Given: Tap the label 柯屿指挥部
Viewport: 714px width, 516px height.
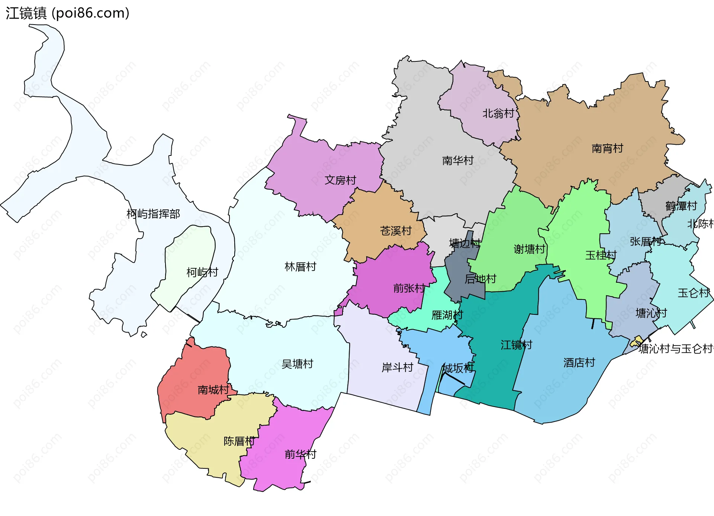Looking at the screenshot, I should [153, 214].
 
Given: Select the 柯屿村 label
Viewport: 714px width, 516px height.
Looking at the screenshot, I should [202, 272].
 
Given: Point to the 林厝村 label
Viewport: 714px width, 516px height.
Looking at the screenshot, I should [300, 267].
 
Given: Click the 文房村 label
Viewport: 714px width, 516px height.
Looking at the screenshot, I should [340, 180].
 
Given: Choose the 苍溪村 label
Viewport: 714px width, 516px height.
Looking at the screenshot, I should [396, 231].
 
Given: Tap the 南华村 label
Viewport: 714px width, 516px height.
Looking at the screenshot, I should [458, 161].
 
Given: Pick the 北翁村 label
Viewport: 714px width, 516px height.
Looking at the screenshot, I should [498, 113].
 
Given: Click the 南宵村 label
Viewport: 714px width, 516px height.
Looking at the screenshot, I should [607, 149].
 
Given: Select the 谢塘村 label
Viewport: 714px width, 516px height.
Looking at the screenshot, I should [529, 249].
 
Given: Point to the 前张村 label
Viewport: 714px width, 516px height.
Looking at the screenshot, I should [409, 288].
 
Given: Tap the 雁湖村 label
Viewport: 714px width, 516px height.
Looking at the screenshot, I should [447, 315].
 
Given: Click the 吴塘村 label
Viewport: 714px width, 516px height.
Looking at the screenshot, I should [297, 364].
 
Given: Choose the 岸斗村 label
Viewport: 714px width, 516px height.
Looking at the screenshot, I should [397, 368].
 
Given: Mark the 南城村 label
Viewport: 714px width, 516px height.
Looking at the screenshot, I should [213, 390].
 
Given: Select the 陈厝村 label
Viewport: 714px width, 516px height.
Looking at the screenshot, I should [239, 441].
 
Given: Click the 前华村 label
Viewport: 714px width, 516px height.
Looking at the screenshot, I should [300, 454].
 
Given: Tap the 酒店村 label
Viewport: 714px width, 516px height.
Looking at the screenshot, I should [579, 363].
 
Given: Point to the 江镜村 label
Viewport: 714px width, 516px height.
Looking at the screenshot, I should [516, 345].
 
